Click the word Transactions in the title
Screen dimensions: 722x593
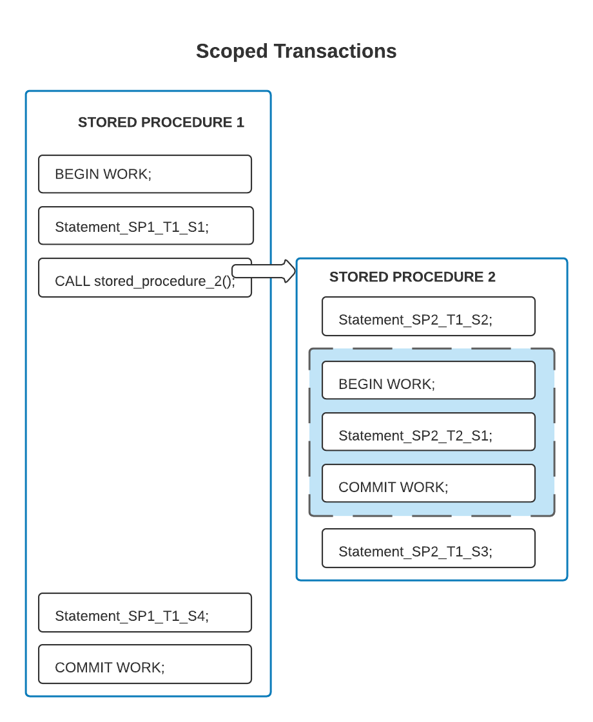[x=335, y=52]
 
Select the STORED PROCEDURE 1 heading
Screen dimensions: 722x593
[x=160, y=122]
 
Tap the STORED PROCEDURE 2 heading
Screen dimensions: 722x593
[x=412, y=277]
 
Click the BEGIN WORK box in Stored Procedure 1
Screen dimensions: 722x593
[x=144, y=174]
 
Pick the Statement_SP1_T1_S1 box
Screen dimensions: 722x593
[x=145, y=226]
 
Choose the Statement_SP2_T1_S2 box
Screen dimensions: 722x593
[x=428, y=316]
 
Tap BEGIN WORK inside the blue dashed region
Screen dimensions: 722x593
[x=428, y=381]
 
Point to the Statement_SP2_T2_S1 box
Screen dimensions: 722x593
[x=428, y=432]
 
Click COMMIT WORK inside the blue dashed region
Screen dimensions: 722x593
[x=428, y=484]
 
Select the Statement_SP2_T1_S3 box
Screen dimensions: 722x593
[x=428, y=548]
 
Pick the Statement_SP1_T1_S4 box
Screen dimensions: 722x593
[x=144, y=613]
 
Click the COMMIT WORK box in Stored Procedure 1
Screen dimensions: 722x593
[x=144, y=664]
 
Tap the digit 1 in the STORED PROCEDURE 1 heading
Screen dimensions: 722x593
[x=240, y=122]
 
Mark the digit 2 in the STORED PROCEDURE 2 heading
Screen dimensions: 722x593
[x=491, y=277]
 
